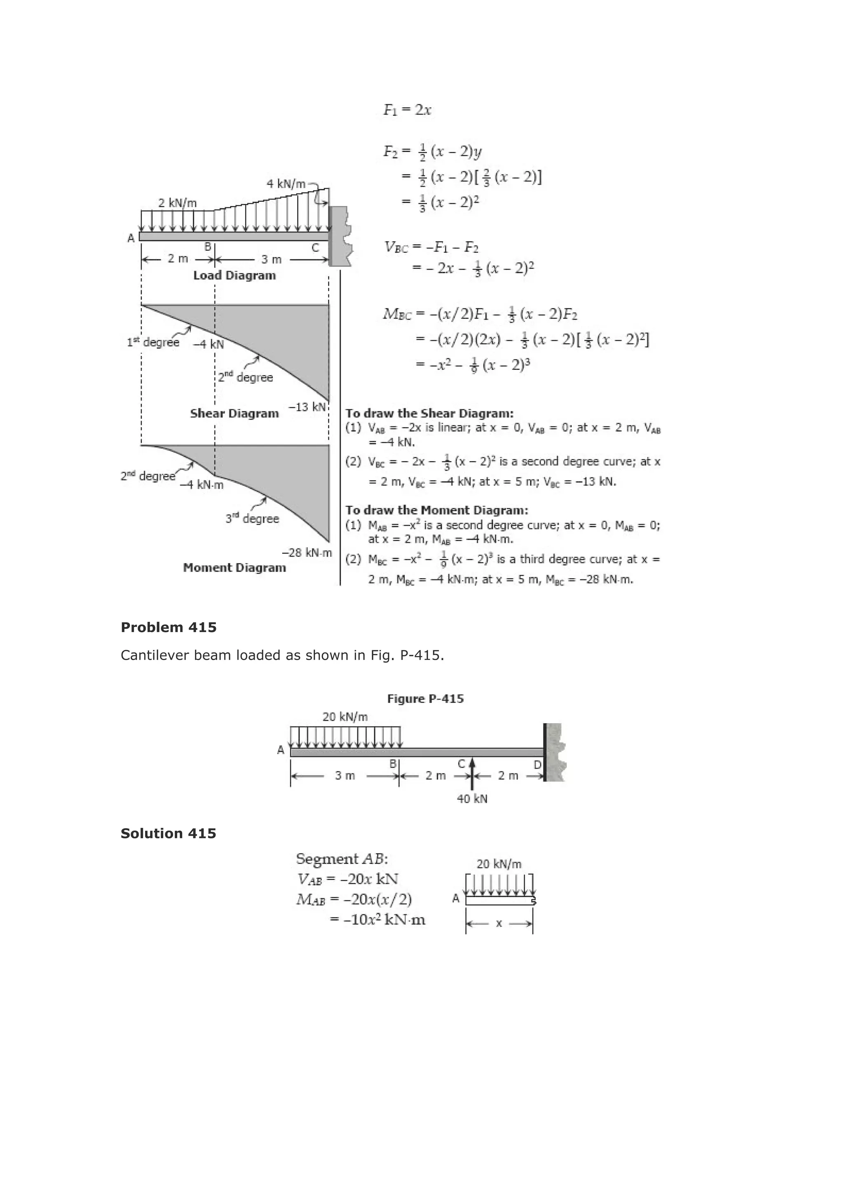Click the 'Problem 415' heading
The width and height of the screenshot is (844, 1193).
tap(169, 627)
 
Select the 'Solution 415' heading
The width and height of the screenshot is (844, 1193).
tap(168, 833)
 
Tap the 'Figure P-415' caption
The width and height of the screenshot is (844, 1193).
tap(425, 699)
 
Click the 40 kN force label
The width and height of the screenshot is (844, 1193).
tap(472, 799)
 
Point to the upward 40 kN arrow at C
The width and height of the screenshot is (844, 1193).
tap(472, 774)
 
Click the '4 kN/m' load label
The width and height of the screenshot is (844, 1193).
tap(286, 184)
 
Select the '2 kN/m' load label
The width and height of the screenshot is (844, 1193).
tap(177, 203)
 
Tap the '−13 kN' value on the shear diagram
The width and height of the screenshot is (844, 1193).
tap(307, 407)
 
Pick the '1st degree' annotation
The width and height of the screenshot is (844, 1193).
tap(153, 342)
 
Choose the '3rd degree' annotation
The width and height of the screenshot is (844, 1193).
tap(252, 518)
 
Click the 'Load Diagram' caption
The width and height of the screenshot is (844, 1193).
tap(234, 275)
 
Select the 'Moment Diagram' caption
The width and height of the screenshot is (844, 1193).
tap(234, 567)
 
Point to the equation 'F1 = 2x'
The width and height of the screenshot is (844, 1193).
tap(407, 110)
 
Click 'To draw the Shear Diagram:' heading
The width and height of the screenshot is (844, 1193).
tap(429, 413)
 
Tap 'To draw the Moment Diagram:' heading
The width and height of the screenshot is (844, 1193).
tap(437, 510)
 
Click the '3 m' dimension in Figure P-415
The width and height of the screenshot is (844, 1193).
tap(345, 776)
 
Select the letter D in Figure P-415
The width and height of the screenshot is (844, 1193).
tap(538, 765)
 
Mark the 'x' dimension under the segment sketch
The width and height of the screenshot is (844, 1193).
tap(499, 923)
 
